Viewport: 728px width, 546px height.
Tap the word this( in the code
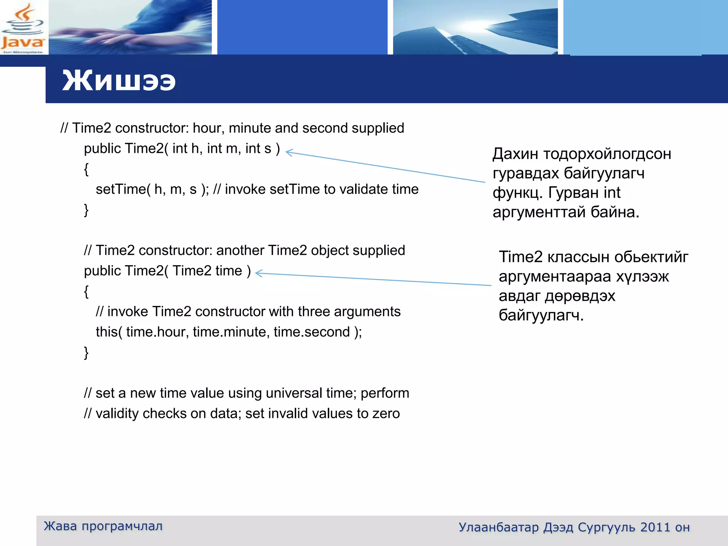(x=109, y=332)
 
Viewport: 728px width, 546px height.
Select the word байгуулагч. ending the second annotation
(x=541, y=316)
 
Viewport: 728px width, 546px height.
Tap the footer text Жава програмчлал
(x=103, y=526)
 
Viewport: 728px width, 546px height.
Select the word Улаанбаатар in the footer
(x=498, y=527)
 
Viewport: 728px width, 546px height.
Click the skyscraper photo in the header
(x=475, y=28)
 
